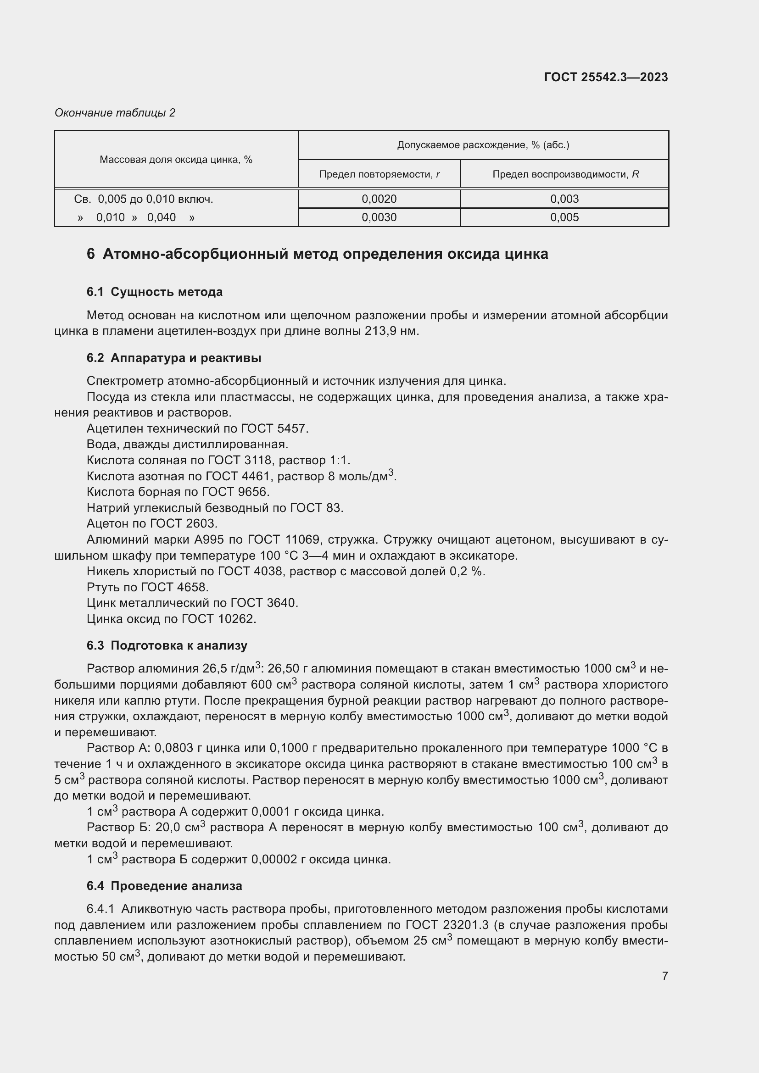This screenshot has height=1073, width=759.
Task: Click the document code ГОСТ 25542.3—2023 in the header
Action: point(606,77)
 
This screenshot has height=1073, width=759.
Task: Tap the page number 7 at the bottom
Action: point(664,976)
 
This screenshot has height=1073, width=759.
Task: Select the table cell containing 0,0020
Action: point(379,199)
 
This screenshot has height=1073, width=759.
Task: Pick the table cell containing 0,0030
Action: point(379,217)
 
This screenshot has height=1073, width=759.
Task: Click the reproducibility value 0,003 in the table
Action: point(564,199)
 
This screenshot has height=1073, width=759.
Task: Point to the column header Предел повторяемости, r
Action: point(379,174)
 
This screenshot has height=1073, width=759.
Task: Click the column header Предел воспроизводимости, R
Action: point(565,174)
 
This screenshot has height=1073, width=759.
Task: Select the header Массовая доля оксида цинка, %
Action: point(176,160)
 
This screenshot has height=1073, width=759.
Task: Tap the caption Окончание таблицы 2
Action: point(115,113)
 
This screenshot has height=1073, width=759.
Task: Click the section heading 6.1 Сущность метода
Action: point(154,292)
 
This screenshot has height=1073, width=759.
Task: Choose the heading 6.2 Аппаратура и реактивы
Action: point(173,358)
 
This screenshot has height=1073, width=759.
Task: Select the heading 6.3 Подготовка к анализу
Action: point(167,645)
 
